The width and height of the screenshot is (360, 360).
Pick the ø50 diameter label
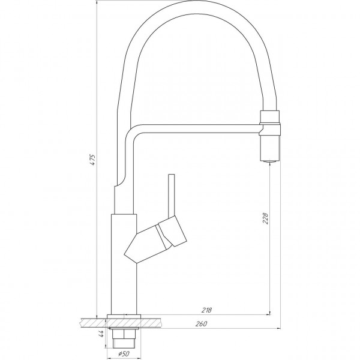tap(124, 353)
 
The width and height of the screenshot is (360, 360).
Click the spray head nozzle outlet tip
tap(268, 160)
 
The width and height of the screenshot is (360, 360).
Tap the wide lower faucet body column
tap(124, 264)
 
